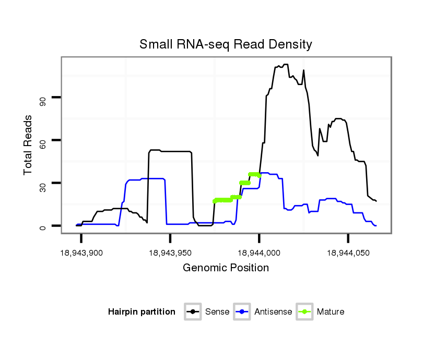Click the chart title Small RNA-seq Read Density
pyautogui.click(x=226, y=44)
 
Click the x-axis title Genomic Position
pyautogui.click(x=226, y=268)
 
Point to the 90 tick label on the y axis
pyautogui.click(x=42, y=98)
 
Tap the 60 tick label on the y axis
pyautogui.click(x=42, y=140)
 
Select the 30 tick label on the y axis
pyautogui.click(x=42, y=183)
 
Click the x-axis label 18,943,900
pyautogui.click(x=81, y=253)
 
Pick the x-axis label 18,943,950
pyautogui.click(x=170, y=253)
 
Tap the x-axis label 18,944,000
pyautogui.click(x=260, y=253)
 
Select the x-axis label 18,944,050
pyautogui.click(x=348, y=253)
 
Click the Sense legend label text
pyautogui.click(x=217, y=312)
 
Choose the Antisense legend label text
pyautogui.click(x=274, y=312)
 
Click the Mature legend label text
pyautogui.click(x=330, y=312)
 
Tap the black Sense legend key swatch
pyautogui.click(x=193, y=312)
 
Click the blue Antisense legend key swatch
pyautogui.click(x=243, y=312)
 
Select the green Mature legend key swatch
pyautogui.click(x=304, y=312)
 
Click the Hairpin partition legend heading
pyautogui.click(x=142, y=312)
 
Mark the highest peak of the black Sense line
pyautogui.click(x=286, y=64)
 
